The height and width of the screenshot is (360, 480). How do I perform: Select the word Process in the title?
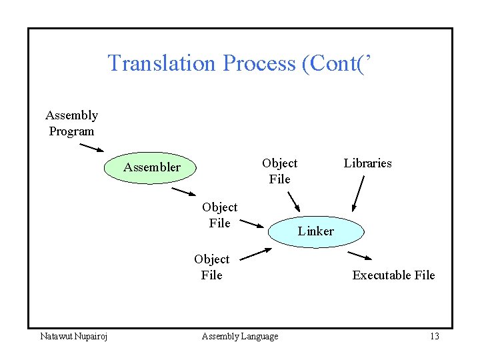tap(259, 63)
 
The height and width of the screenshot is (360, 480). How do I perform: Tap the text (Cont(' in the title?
tap(336, 63)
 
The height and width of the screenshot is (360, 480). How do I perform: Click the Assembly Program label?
tap(71, 123)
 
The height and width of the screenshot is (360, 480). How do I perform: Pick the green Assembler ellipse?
tap(151, 167)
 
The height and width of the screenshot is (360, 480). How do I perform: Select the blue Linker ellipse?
tap(315, 231)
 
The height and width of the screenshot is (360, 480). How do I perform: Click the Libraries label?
tap(367, 163)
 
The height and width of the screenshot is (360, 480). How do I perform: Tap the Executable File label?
tap(393, 275)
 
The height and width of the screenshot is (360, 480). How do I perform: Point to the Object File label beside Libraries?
tap(279, 171)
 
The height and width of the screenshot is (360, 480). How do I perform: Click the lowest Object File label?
tap(211, 267)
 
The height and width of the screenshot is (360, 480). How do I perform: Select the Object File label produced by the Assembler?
tap(219, 215)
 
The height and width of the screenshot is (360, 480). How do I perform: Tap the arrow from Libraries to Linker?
tap(358, 193)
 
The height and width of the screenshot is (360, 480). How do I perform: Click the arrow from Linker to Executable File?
tap(360, 256)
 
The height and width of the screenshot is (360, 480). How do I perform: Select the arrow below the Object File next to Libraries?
tap(293, 202)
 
